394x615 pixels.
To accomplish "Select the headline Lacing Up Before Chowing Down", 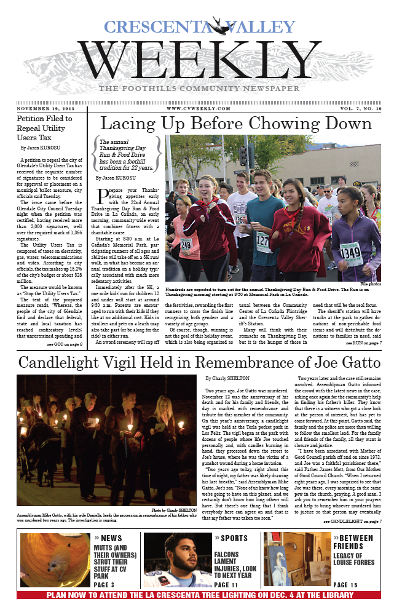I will (236, 124).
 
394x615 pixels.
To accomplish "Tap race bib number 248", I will (186, 244).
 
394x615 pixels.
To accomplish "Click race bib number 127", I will (263, 240).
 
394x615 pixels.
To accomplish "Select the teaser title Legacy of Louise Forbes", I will (356, 560).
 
